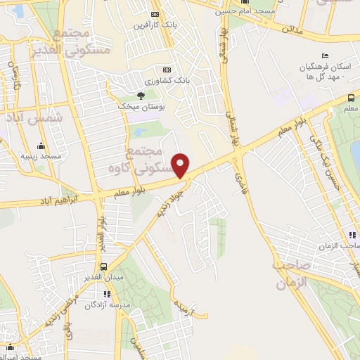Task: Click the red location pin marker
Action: [x=182, y=165]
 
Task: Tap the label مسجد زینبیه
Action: [x=41, y=156]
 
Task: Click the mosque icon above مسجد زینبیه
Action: [x=41, y=146]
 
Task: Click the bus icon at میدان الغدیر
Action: [x=104, y=266]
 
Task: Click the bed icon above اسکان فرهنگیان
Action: [x=324, y=56]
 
